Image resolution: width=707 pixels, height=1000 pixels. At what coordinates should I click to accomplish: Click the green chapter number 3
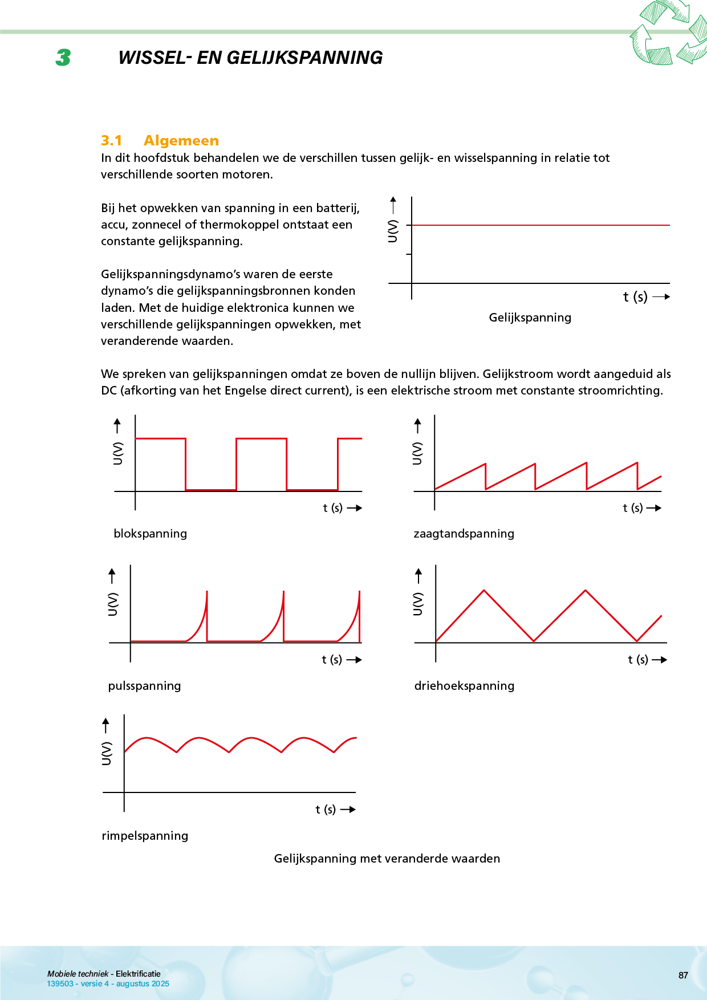(63, 58)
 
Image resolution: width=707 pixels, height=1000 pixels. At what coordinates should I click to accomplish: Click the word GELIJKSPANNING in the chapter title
(304, 58)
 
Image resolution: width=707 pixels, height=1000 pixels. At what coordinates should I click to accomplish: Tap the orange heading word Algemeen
(181, 141)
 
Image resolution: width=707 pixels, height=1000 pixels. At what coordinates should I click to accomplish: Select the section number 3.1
(111, 141)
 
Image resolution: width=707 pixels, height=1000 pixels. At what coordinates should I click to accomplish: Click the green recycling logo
(667, 33)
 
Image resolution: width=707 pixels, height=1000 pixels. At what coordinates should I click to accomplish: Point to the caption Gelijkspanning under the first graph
(530, 318)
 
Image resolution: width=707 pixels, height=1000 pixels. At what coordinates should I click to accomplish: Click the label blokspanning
(150, 534)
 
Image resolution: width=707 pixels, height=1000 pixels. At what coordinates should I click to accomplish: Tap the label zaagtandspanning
(464, 534)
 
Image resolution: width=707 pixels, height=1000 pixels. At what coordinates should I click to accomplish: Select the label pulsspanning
(144, 686)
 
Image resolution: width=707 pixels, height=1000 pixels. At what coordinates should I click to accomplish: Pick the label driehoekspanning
(464, 686)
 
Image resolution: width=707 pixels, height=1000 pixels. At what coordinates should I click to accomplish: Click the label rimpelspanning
(145, 836)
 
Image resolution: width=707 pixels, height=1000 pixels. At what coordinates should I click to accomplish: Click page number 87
(683, 975)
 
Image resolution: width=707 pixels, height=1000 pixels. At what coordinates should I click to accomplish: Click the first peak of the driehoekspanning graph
(484, 591)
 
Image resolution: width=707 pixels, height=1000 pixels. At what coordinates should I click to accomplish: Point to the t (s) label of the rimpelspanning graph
(326, 810)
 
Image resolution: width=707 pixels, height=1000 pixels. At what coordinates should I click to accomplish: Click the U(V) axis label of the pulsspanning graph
(113, 604)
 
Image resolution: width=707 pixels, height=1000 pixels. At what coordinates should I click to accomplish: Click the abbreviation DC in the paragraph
(108, 391)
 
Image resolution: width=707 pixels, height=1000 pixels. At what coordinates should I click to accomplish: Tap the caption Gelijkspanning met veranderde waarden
(387, 859)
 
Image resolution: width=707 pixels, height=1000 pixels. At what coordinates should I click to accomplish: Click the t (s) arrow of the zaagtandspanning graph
(653, 508)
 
